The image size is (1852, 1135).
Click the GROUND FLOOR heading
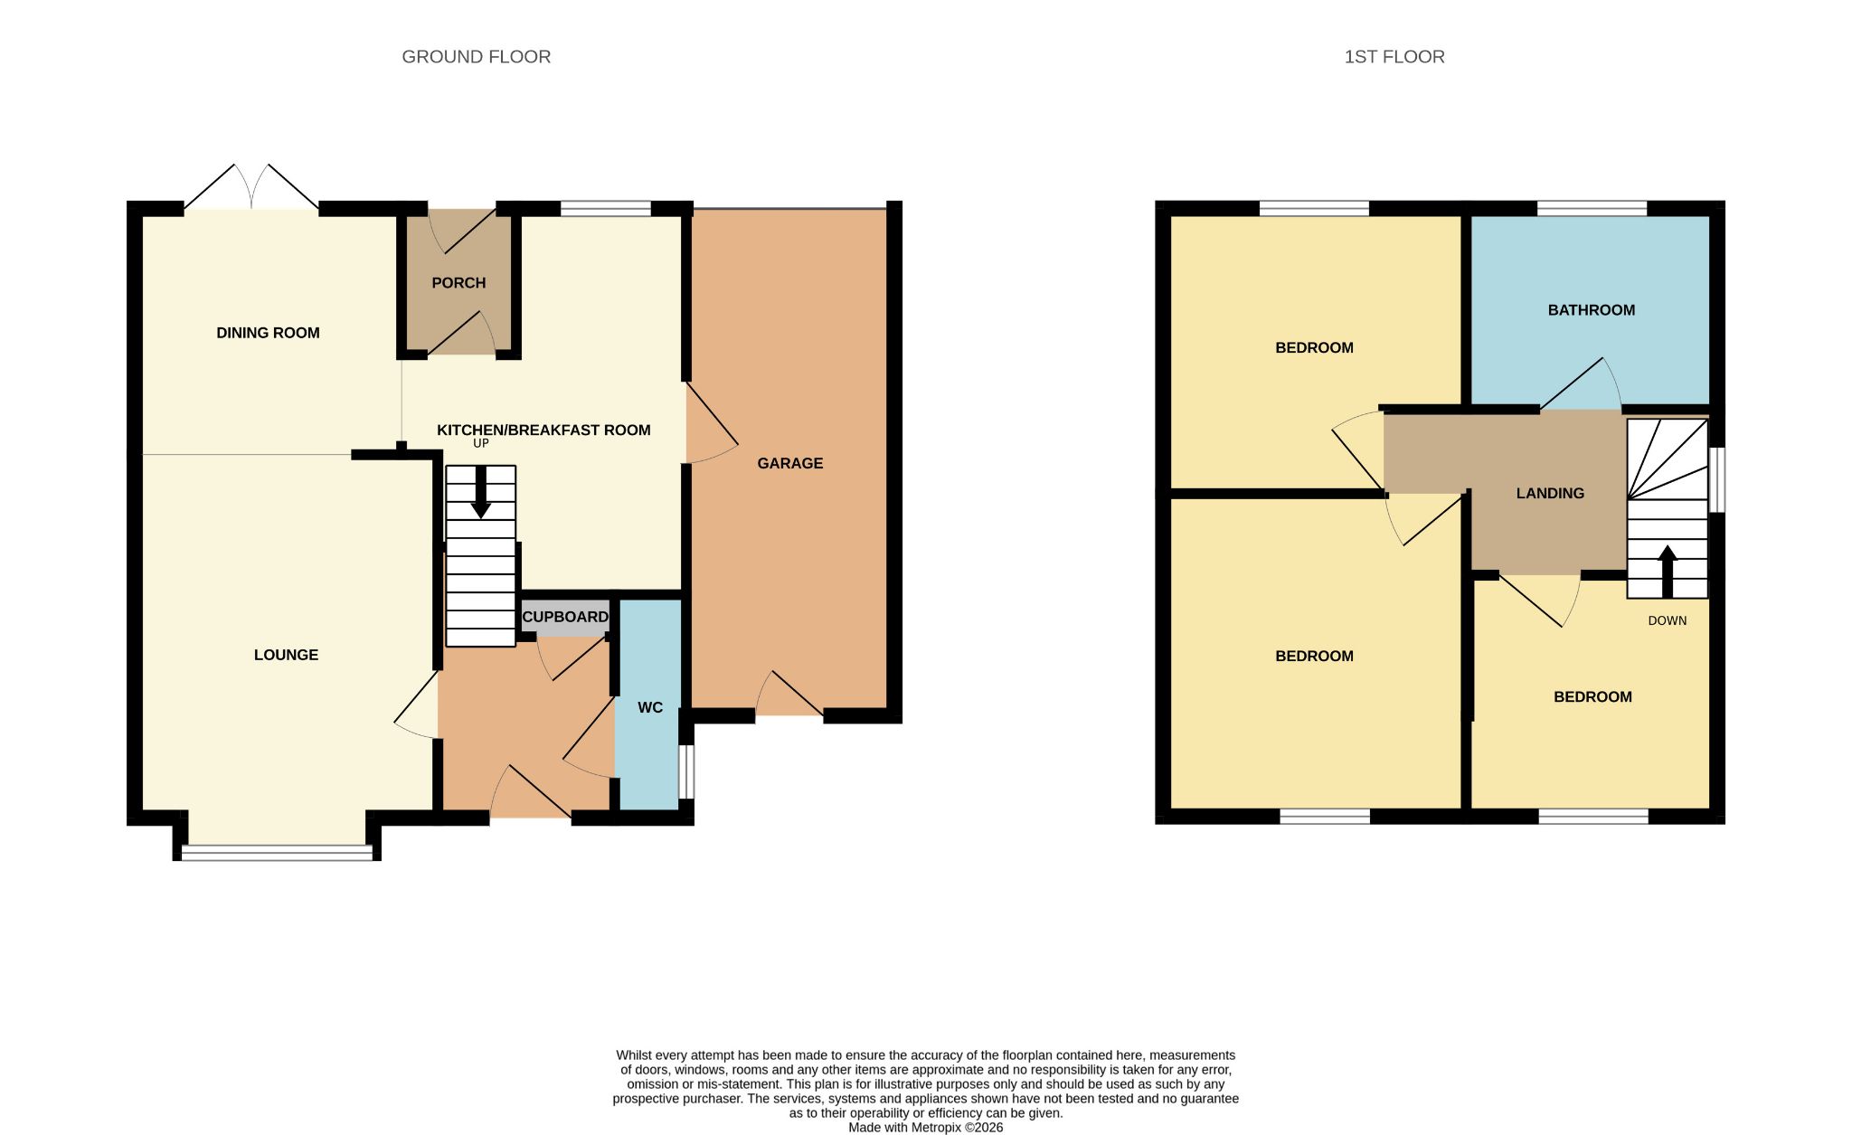(x=476, y=57)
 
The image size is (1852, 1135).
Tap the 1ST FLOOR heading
(x=1394, y=57)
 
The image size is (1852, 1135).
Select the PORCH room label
(x=458, y=283)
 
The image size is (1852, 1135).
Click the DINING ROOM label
(x=268, y=333)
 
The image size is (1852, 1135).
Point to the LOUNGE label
(x=286, y=655)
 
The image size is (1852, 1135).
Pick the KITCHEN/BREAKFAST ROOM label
(x=543, y=430)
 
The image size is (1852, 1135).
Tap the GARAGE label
(x=790, y=463)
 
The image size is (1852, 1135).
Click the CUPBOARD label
(x=565, y=617)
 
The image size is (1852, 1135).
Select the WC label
(x=650, y=707)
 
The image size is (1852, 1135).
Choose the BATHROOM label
(x=1592, y=310)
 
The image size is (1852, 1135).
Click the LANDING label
(x=1550, y=493)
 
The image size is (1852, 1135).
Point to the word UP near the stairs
(x=481, y=443)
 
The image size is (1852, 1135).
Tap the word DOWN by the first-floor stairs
(x=1668, y=620)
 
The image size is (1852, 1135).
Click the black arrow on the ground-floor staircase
(x=480, y=492)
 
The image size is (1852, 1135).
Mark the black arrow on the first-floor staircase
(x=1668, y=572)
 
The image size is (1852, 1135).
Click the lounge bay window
(x=277, y=852)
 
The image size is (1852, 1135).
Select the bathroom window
(x=1592, y=208)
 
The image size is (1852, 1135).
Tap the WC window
(x=687, y=771)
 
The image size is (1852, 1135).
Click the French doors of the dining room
(x=251, y=188)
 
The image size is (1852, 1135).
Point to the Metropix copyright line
(x=925, y=1128)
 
